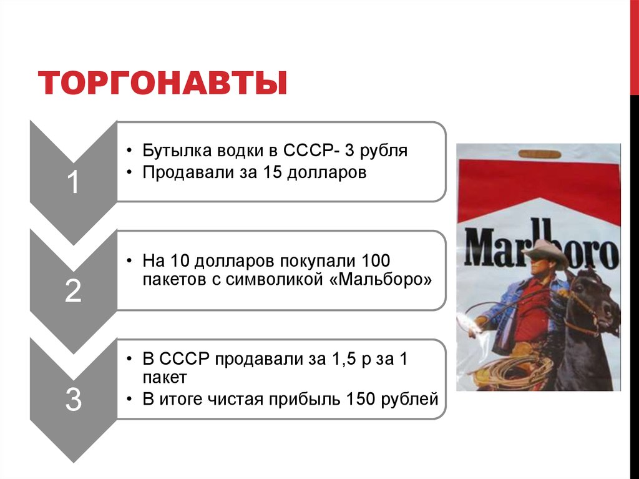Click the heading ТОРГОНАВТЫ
tap(163, 84)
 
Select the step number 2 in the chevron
tap(73, 292)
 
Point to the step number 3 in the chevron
tap(73, 400)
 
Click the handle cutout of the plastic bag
tap(539, 153)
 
